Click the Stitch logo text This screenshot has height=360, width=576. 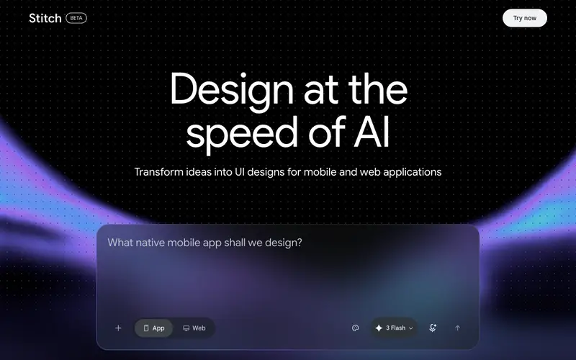point(45,18)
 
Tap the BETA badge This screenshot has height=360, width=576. point(76,18)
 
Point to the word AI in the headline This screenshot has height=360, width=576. point(372,132)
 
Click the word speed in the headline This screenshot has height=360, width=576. point(242,133)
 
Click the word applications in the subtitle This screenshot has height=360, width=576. point(412,173)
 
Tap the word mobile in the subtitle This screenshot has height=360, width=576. point(320,172)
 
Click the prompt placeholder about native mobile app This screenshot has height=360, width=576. point(204,243)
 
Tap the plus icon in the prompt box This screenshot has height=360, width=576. point(118,328)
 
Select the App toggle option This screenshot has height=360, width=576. point(153,328)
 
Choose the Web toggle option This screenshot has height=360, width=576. point(194,328)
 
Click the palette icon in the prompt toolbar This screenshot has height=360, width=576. point(355,328)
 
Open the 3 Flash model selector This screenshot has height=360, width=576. point(394,328)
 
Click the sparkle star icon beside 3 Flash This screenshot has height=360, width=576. point(379,328)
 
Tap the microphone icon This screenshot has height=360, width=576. point(433,328)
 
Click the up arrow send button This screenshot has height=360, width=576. point(457,328)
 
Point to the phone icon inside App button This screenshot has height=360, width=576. point(146,328)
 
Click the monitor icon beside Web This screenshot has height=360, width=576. point(186,328)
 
